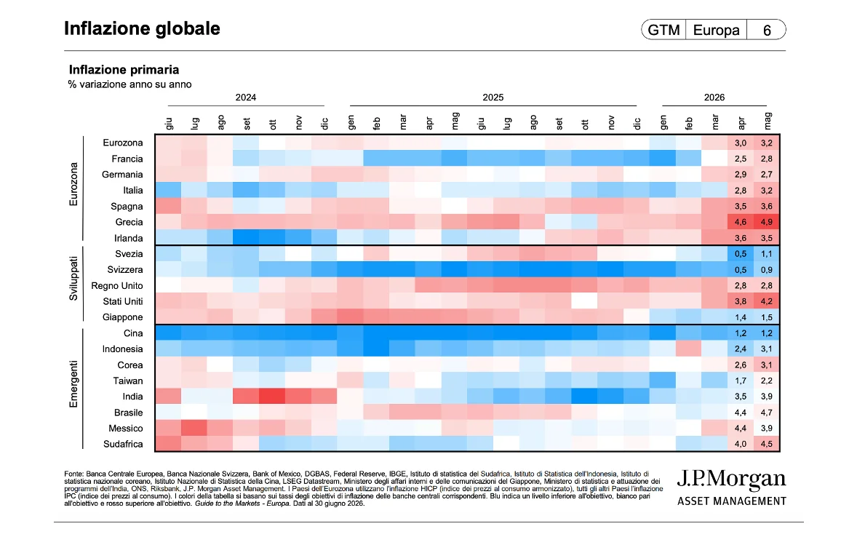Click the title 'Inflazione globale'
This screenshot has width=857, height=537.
pos(142,28)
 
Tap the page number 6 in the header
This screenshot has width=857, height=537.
pos(767,30)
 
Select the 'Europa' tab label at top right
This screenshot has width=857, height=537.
pos(716,30)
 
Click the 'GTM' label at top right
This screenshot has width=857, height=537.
pos(663,30)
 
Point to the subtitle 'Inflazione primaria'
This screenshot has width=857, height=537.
pos(124,69)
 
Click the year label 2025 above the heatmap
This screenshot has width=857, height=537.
pos(493,98)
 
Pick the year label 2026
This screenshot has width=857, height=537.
pos(714,98)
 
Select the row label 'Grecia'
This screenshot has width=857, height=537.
pos(129,222)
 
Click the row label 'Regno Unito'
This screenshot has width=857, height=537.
pos(117,285)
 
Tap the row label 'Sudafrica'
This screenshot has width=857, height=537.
pos(123,444)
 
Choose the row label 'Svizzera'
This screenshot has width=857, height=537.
pos(125,270)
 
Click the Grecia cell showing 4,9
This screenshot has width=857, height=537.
pos(767,222)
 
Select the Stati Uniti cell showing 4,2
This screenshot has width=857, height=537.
pos(767,301)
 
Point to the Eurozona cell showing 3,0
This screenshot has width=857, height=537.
pos(741,143)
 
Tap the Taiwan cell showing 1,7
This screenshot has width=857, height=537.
pos(741,381)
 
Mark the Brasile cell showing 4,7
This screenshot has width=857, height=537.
pos(767,413)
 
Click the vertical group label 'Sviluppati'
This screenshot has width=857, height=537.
pos(73,278)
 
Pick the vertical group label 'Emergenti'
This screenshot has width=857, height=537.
pos(73,384)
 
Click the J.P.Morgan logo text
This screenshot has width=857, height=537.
pos(731,480)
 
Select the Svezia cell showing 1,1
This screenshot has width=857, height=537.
pos(767,254)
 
